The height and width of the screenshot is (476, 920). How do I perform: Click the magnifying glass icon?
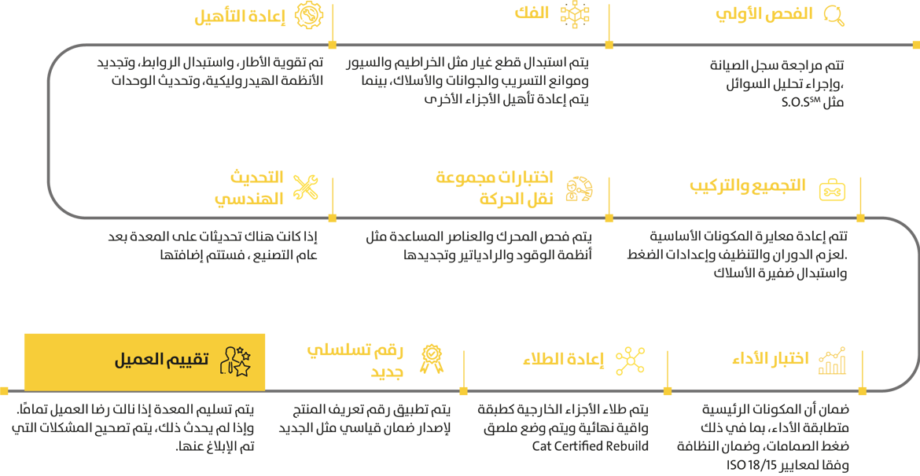tap(834, 16)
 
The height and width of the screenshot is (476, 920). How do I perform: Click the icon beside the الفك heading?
tap(574, 15)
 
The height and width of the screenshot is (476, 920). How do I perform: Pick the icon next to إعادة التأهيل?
tap(307, 16)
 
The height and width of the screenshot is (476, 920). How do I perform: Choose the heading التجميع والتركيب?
tap(748, 185)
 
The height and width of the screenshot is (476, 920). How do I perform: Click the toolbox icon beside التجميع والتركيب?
tap(832, 190)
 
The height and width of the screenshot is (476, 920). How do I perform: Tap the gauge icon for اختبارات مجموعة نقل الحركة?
tap(580, 189)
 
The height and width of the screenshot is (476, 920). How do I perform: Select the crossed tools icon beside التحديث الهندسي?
tap(305, 187)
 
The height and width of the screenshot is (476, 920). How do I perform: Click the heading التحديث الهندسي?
tap(248, 187)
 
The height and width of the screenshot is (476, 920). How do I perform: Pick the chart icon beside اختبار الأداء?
tap(832, 361)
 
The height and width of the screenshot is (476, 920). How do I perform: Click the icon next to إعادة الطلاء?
tap(630, 360)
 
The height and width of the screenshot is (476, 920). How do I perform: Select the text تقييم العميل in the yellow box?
tap(161, 361)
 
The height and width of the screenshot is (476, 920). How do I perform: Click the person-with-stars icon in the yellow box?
tap(235, 361)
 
